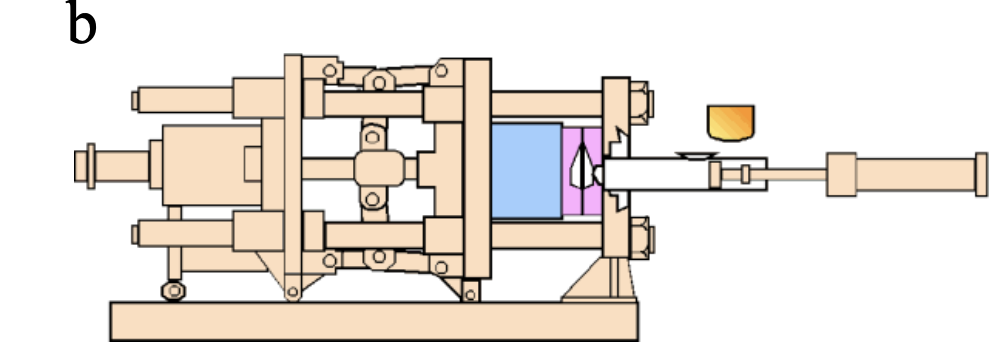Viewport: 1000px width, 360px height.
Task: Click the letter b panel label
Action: tap(82, 24)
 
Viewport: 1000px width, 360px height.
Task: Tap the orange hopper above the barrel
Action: tap(730, 122)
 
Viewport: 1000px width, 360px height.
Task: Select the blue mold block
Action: tap(527, 171)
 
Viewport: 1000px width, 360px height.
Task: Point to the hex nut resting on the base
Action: tap(173, 290)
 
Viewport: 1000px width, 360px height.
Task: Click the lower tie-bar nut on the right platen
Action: tap(640, 240)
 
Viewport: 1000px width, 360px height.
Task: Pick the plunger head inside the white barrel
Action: tap(716, 176)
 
